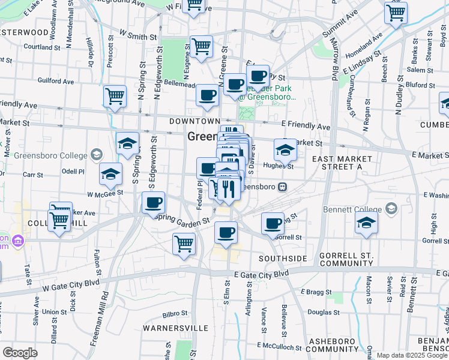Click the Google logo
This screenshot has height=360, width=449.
pos(20,352)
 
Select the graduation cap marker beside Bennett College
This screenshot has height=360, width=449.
pos(366,223)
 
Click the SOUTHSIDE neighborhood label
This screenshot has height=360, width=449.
pos(283,258)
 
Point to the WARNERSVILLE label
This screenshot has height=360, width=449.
pos(175,328)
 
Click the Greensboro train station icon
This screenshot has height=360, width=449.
pos(282,187)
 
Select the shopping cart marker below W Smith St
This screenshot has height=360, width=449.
pos(201,46)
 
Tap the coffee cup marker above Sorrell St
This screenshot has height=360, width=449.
pos(273,223)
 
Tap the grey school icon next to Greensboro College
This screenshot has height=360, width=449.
pos(96,155)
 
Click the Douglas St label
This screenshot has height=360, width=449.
pos(324,313)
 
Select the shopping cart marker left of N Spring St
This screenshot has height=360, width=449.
pos(115,96)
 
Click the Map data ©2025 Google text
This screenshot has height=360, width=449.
pos(412,355)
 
